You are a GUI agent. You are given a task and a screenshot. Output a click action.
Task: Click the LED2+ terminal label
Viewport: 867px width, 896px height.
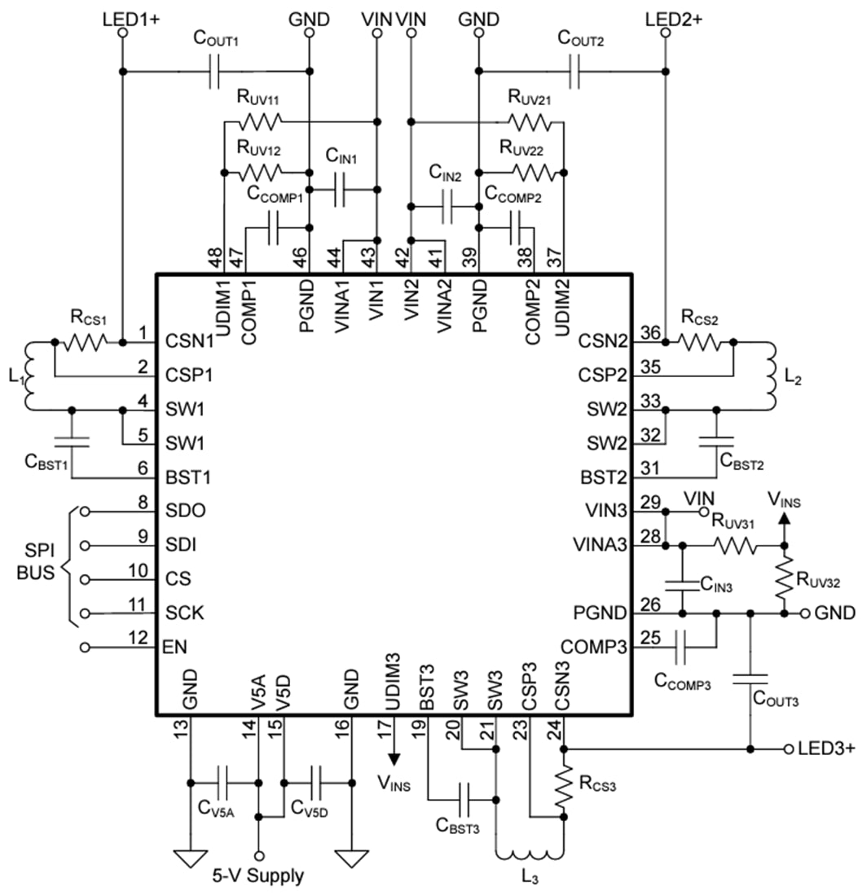pos(673,18)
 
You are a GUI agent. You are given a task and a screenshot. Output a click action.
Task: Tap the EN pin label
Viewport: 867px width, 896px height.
pos(175,648)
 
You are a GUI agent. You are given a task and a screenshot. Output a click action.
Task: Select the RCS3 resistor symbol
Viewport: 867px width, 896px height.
pos(564,787)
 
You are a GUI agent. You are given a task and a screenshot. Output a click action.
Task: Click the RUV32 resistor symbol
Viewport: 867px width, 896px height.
pos(784,578)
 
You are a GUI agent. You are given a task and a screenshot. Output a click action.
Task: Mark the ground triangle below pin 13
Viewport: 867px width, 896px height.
pos(190,859)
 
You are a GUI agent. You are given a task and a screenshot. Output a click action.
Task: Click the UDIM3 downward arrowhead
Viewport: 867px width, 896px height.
pos(394,758)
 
